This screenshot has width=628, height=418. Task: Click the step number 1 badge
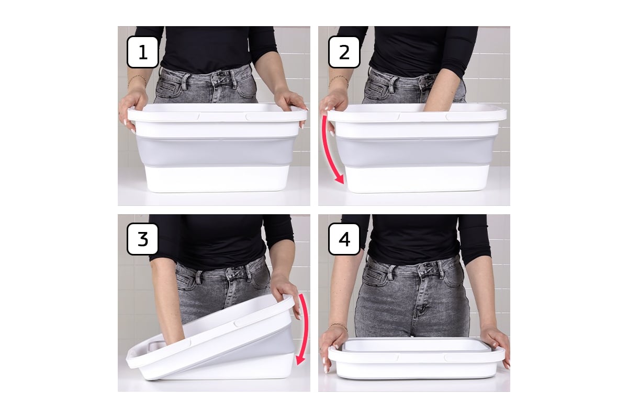tap(143, 52)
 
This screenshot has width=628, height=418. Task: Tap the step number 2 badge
tap(344, 52)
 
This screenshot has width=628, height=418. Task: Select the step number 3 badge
tap(143, 239)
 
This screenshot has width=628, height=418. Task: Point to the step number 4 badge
tap(344, 239)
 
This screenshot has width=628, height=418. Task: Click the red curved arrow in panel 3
tap(306, 330)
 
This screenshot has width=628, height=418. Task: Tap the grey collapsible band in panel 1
tap(215, 151)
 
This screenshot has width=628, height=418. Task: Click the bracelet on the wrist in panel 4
tap(339, 326)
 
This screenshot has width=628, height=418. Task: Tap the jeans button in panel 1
tap(216, 79)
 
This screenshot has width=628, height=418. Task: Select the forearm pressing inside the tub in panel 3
tap(167, 303)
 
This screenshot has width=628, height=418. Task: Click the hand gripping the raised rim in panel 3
tap(285, 291)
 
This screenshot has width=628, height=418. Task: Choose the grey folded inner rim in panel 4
tap(416, 345)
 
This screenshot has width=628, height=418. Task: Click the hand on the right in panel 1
tap(290, 105)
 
